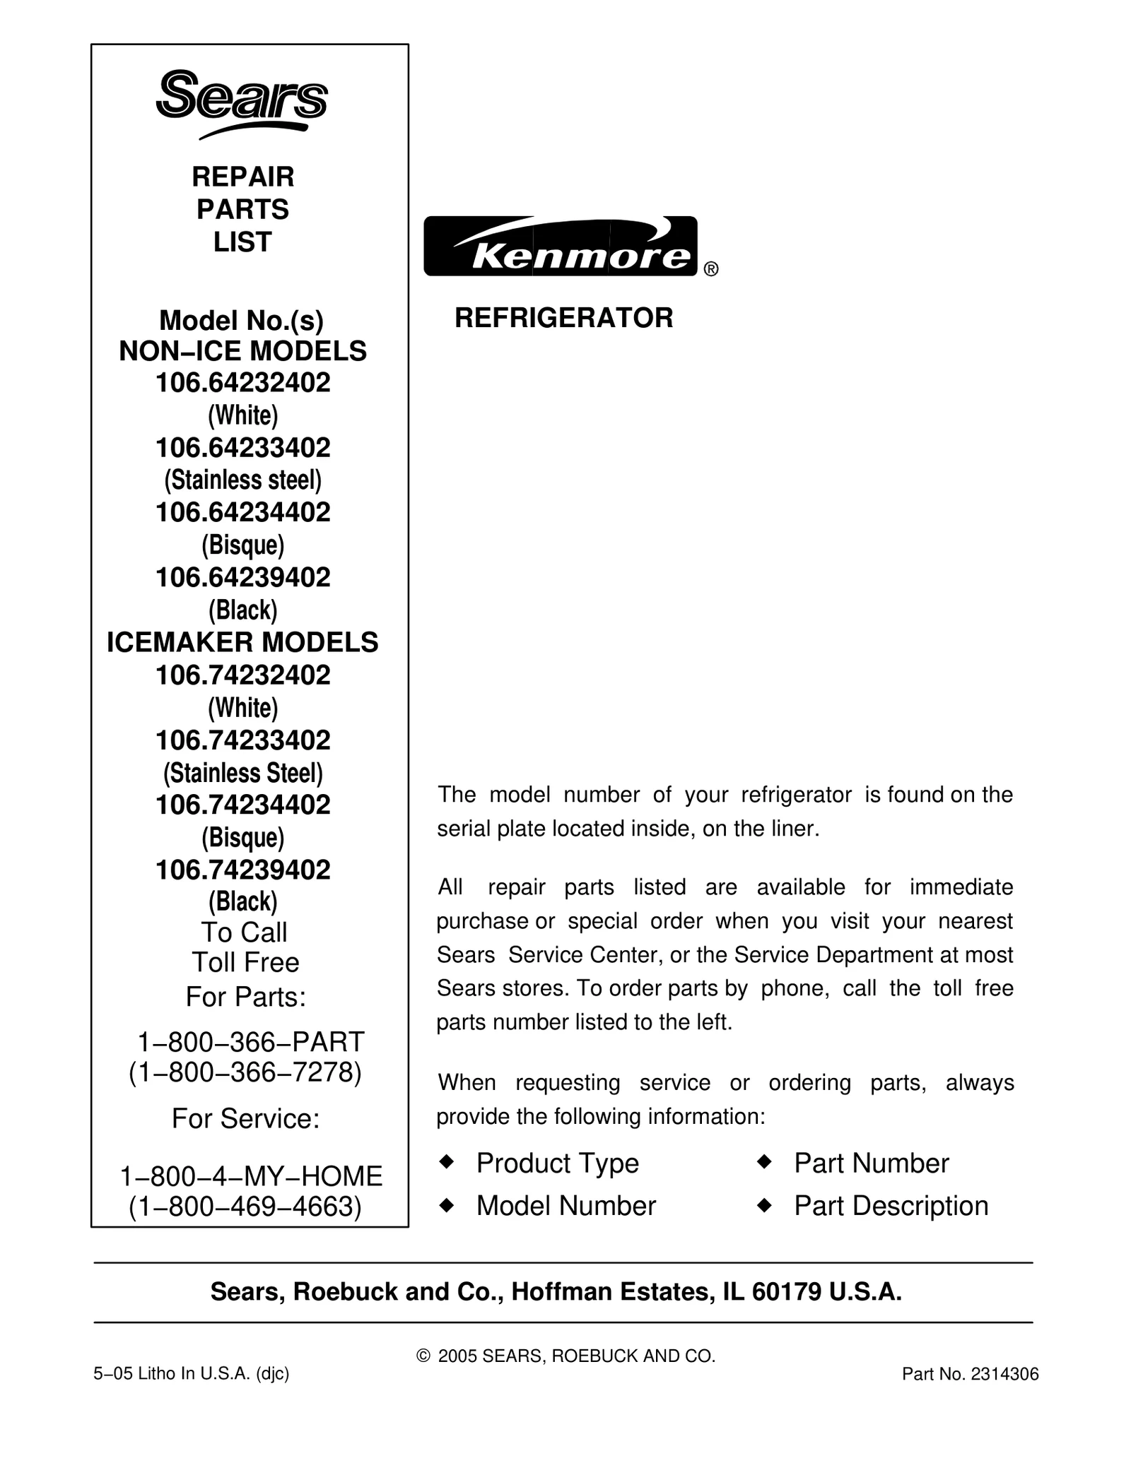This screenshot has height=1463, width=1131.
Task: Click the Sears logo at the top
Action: (242, 103)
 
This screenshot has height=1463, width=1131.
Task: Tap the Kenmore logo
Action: (561, 246)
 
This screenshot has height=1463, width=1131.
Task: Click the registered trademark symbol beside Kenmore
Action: (711, 269)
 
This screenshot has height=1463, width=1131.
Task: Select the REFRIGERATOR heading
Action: (563, 319)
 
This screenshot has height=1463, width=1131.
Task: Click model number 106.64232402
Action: (242, 383)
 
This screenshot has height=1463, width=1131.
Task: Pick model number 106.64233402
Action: (242, 448)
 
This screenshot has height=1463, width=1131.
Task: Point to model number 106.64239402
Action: (242, 578)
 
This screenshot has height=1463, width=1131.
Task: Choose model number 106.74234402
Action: (242, 805)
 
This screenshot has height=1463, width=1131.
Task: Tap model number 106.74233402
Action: (242, 740)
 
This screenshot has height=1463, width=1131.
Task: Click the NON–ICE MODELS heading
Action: (242, 352)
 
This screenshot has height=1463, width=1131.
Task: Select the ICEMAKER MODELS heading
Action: (242, 642)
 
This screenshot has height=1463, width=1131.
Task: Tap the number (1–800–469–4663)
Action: (245, 1207)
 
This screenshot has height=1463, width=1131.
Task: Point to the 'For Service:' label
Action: (245, 1119)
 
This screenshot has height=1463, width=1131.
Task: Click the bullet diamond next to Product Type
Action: (446, 1162)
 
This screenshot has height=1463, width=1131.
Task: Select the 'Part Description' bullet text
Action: (891, 1206)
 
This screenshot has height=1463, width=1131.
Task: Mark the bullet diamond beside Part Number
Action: (763, 1162)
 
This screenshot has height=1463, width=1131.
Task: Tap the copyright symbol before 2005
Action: (424, 1356)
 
